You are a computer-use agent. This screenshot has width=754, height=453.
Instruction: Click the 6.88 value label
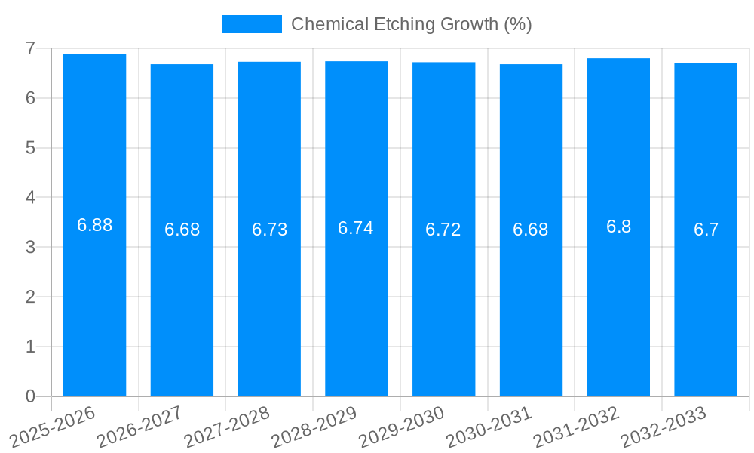point(95,225)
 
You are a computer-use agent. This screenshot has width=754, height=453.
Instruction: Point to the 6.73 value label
point(269,230)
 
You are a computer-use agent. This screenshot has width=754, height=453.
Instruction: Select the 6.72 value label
point(443,230)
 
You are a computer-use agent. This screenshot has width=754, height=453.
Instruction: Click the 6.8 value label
point(618,226)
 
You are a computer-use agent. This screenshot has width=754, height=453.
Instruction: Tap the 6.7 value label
point(706,230)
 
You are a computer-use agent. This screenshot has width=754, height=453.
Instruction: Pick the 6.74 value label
point(356,228)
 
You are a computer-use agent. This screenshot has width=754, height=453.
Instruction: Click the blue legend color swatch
point(251,24)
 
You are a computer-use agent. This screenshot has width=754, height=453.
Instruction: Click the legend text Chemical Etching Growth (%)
point(412,24)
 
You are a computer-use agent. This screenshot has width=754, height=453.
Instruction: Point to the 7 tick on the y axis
point(30,48)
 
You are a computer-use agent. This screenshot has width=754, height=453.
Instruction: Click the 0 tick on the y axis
point(30,396)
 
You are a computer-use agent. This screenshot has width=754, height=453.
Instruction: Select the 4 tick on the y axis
point(30,197)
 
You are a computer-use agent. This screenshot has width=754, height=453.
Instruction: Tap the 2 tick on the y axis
point(30,297)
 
